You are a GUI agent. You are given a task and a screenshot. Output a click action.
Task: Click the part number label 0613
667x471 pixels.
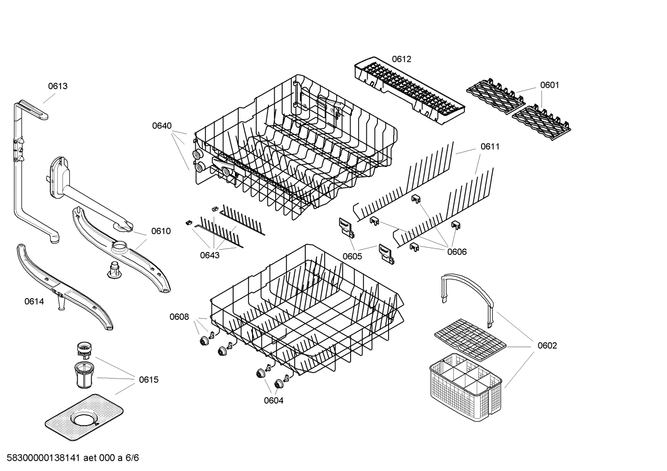pos(58,86)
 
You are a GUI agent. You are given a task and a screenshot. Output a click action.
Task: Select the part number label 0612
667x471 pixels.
pos(401,59)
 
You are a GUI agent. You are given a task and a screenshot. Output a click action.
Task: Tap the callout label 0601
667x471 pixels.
pos(550,85)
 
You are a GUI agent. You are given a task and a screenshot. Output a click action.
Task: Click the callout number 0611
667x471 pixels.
pos(490,147)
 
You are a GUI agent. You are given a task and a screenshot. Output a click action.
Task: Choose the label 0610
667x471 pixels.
pos(161,231)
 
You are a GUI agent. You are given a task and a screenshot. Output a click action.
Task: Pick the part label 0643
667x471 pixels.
pos(210,255)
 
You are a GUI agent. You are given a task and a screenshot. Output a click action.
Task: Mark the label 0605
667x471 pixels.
pos(352,256)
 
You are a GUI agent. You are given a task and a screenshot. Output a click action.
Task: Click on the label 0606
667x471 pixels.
pos(457,252)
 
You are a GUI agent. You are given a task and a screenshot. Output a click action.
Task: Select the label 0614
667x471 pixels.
pos(34,302)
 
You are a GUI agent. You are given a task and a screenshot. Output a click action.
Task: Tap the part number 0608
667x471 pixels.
pos(179,317)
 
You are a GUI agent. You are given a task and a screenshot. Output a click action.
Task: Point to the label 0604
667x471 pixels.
pos(273,401)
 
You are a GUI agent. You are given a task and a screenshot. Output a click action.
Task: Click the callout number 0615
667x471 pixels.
pos(148,380)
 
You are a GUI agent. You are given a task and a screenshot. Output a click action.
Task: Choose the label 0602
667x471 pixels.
pos(547,346)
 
